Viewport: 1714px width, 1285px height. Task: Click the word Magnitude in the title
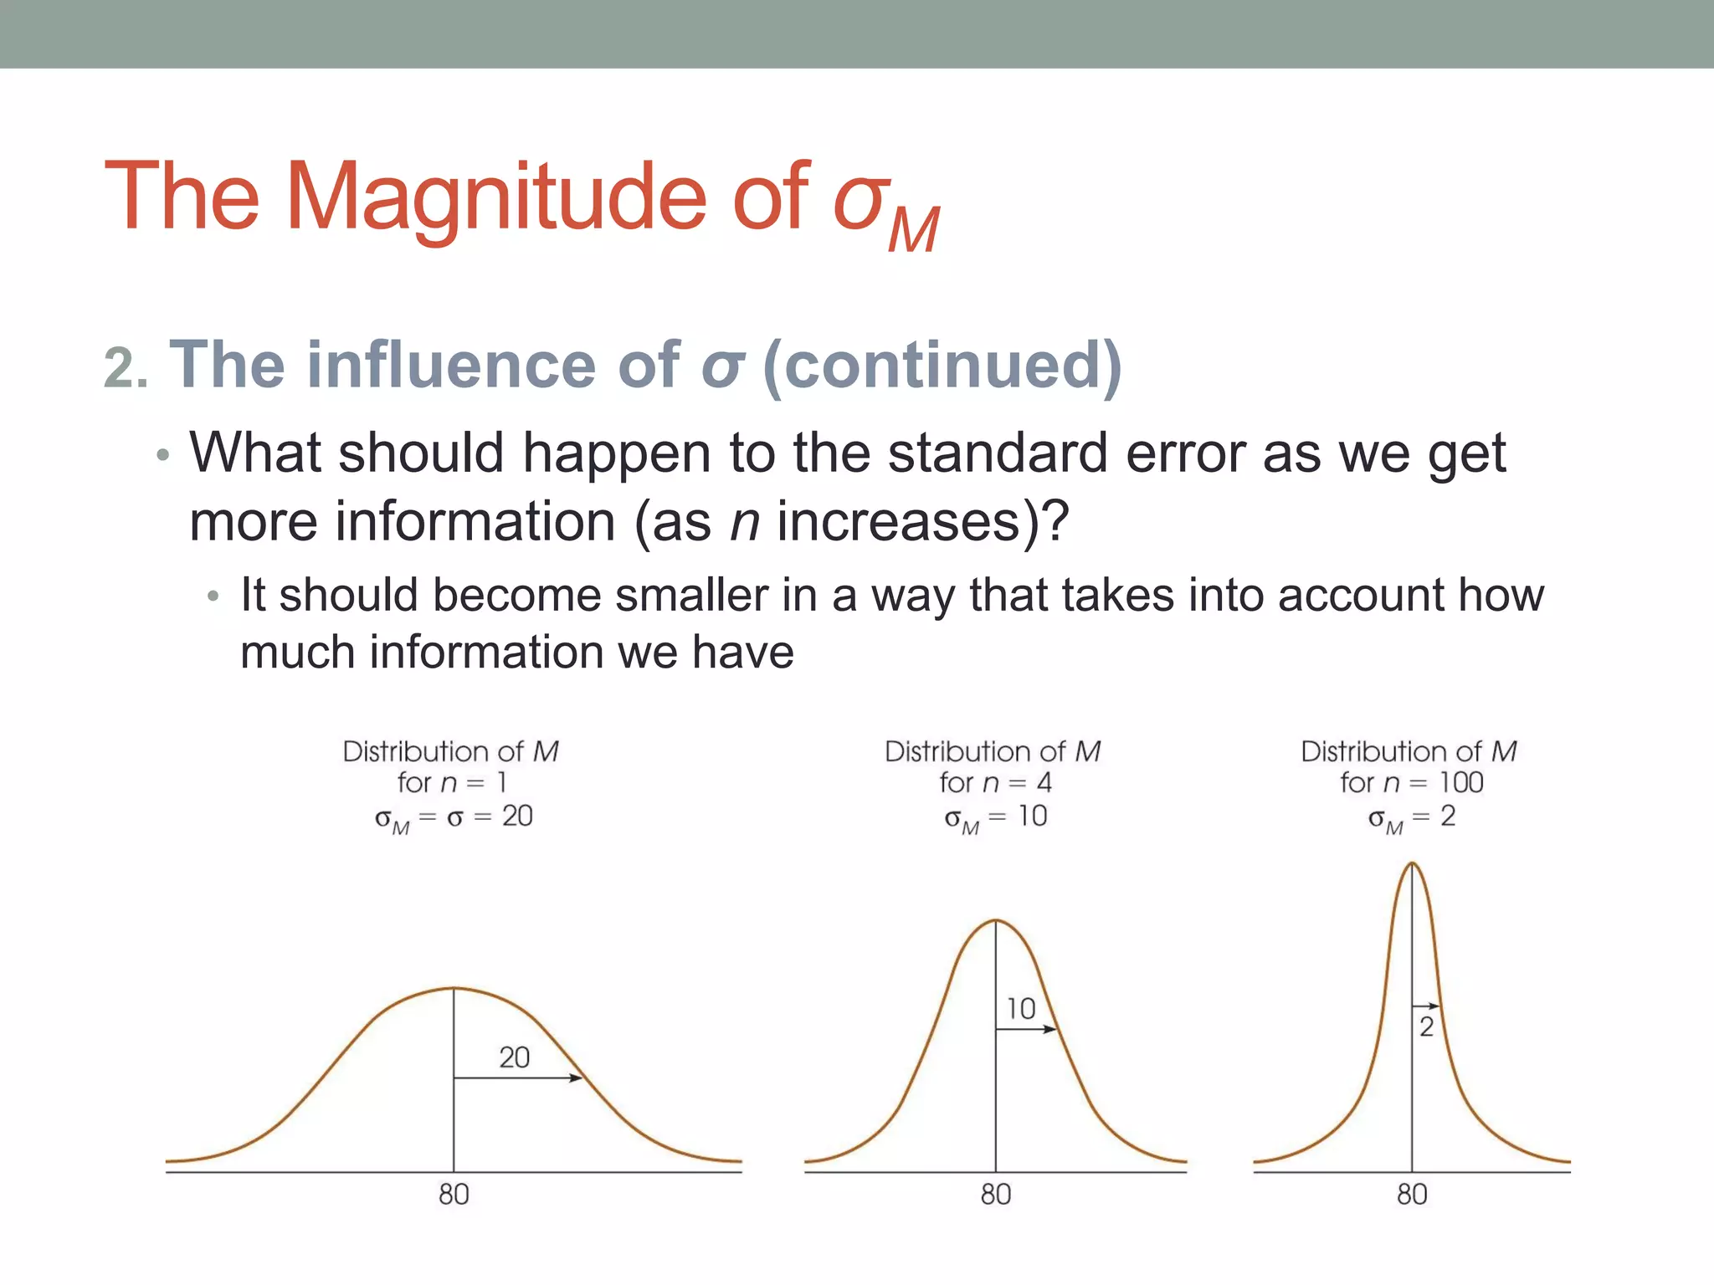[497, 199]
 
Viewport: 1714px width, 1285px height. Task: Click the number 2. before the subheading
[126, 368]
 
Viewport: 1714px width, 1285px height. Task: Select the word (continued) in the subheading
[942, 366]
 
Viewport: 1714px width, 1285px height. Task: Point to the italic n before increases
[744, 522]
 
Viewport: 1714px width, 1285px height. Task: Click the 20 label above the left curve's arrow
[515, 1058]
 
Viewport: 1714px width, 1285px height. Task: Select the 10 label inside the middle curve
[1021, 1009]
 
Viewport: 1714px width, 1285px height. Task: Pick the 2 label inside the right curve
[1427, 1027]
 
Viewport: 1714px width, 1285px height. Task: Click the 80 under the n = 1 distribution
[454, 1195]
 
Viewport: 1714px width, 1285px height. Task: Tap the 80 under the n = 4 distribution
[996, 1195]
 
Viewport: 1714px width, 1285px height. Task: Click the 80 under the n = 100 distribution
[1412, 1195]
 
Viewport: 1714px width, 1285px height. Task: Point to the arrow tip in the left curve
[578, 1078]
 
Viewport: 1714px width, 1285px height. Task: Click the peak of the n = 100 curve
[1412, 863]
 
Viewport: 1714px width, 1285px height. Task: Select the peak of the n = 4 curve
[996, 921]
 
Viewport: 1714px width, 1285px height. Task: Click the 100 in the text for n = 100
[1461, 783]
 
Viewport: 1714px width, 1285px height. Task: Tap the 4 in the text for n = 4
[1044, 783]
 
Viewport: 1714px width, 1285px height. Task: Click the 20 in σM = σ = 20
[517, 817]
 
